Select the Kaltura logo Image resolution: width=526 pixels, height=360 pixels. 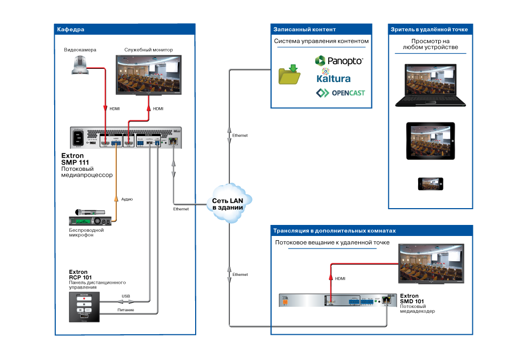pyautogui.click(x=333, y=77)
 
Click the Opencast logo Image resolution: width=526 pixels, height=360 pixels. pyautogui.click(x=340, y=94)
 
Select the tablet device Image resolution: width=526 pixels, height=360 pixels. pyautogui.click(x=430, y=141)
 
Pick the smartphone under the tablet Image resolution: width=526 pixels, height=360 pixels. pyautogui.click(x=430, y=183)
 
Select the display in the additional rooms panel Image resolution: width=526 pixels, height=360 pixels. pyautogui.click(x=431, y=263)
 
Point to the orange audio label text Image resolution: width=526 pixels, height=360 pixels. pyautogui.click(x=127, y=199)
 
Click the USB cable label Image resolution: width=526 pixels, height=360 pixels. pyautogui.click(x=126, y=296)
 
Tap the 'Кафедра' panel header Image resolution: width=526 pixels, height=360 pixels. pyautogui.click(x=71, y=29)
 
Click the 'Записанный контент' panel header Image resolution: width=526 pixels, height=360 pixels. pyautogui.click(x=305, y=29)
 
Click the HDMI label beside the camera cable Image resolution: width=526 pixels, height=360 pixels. pyautogui.click(x=114, y=109)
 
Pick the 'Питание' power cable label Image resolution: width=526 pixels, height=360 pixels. pyautogui.click(x=126, y=310)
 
